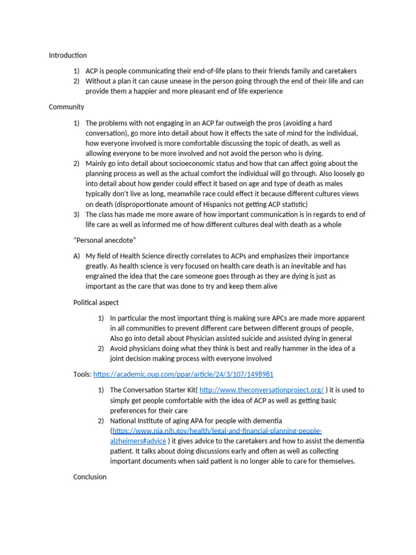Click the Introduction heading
(x=67, y=55)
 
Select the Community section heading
(x=66, y=107)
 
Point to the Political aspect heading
(x=96, y=302)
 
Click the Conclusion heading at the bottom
(x=89, y=477)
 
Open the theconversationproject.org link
(x=262, y=390)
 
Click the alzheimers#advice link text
(x=138, y=441)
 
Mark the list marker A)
(x=76, y=256)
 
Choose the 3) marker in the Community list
(x=76, y=215)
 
